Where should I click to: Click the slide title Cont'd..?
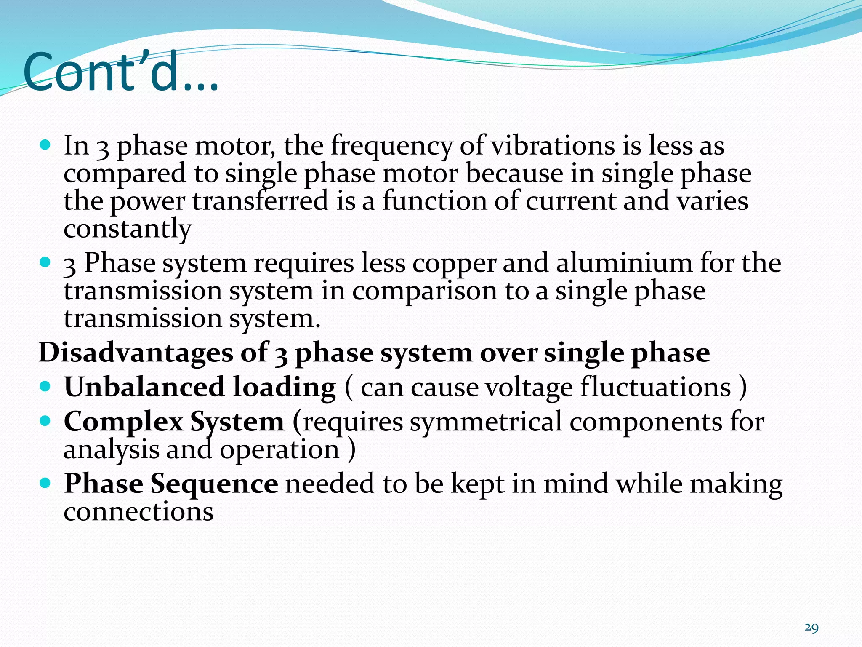coord(121,72)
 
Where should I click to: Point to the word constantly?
coord(128,229)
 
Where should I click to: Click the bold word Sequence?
coord(214,484)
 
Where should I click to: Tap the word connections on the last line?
coord(138,512)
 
